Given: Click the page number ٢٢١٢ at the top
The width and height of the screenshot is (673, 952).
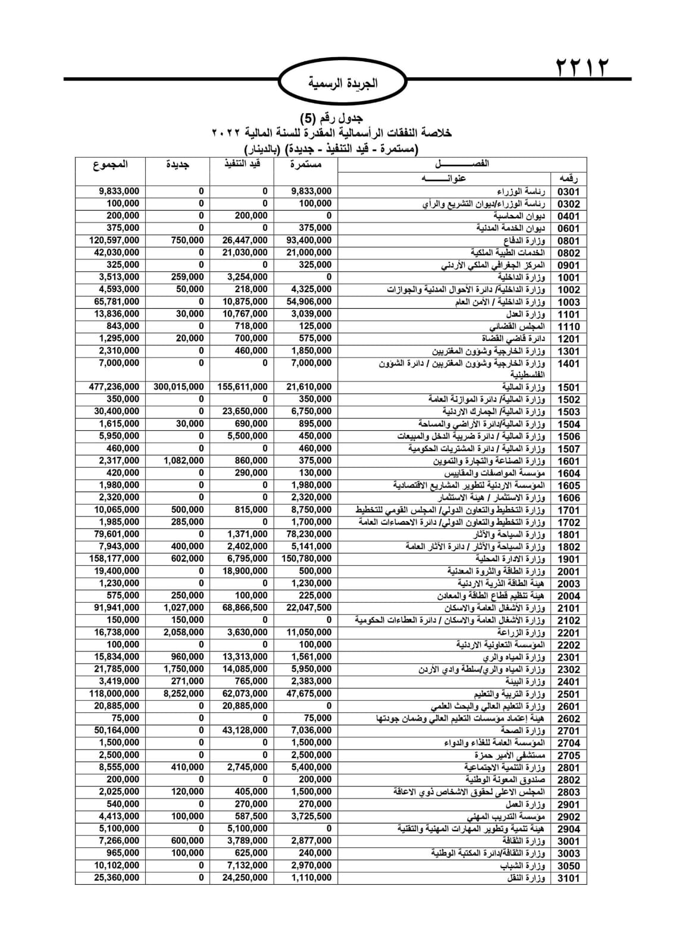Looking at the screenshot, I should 583,67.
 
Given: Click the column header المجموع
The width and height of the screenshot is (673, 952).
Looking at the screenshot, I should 110,164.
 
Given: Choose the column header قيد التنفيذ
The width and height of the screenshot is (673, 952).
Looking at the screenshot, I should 242,164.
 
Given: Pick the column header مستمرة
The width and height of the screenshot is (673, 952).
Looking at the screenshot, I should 306,164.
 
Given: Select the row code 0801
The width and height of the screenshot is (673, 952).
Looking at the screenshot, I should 568,240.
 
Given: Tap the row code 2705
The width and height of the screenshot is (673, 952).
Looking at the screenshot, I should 568,755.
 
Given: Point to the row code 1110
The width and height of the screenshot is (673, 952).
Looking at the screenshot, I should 568,326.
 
